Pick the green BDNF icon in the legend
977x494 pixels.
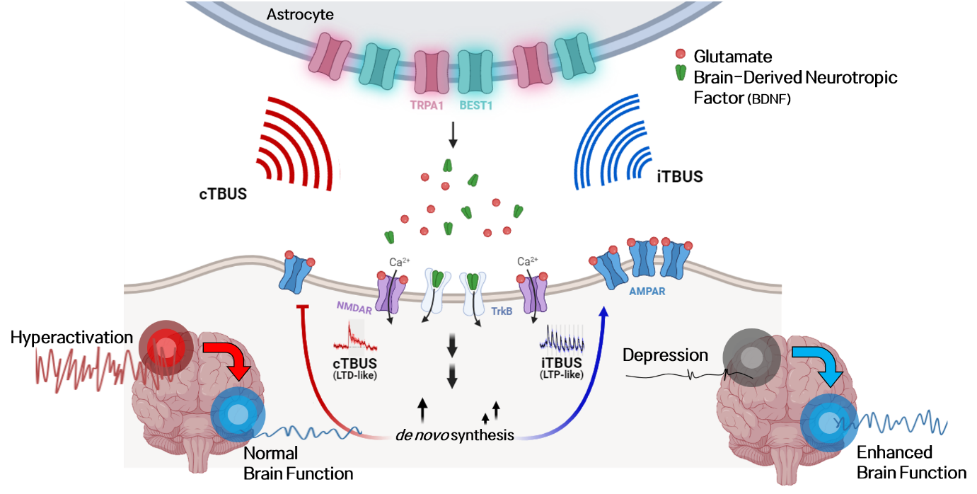click(681, 72)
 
